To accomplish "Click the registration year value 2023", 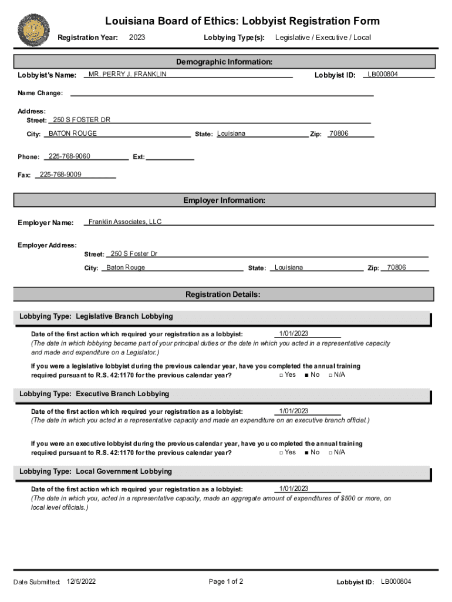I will [x=137, y=38].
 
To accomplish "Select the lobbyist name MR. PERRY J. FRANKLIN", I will [x=127, y=74].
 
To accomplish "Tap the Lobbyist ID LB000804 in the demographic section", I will [x=383, y=74].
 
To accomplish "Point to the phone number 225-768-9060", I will [x=69, y=156].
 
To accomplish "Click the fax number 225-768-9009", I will [x=60, y=175].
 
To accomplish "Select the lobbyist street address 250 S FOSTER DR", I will [x=82, y=120].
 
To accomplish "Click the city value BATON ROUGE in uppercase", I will [x=73, y=133].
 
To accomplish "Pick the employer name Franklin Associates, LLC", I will [x=124, y=222].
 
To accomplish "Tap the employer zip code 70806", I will [x=396, y=267].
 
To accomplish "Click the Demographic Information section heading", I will [x=224, y=62].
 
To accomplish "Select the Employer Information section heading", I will [x=224, y=200].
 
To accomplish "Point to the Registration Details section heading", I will [x=223, y=294].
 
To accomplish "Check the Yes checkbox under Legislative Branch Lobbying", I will [x=281, y=375].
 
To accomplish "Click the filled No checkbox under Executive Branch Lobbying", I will [x=307, y=453].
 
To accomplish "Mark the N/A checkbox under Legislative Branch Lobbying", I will [x=331, y=375].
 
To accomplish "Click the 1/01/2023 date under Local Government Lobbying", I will [x=294, y=489].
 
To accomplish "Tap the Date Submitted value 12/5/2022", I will [x=82, y=581].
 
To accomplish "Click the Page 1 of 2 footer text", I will [x=226, y=581].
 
